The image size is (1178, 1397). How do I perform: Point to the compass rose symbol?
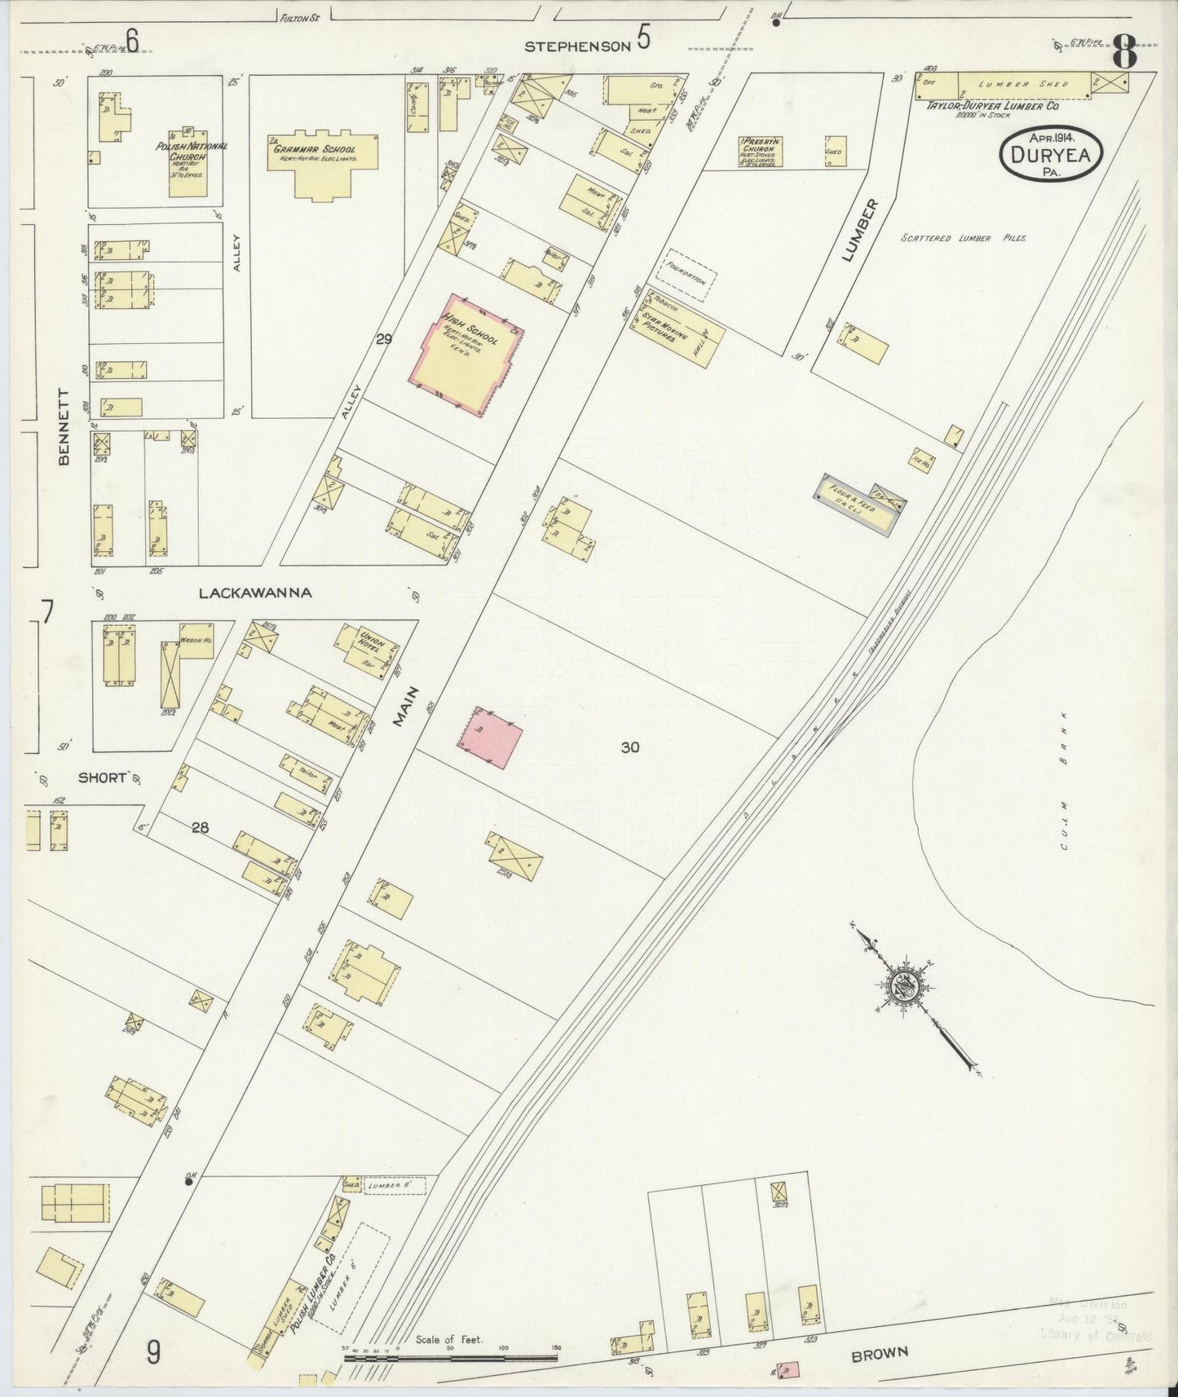click(906, 987)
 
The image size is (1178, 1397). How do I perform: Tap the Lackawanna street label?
click(255, 593)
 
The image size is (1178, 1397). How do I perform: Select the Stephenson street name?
click(577, 47)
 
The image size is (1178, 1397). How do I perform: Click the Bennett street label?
click(64, 426)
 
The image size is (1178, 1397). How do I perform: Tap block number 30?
click(629, 747)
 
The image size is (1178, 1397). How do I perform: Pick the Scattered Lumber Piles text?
click(963, 238)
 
